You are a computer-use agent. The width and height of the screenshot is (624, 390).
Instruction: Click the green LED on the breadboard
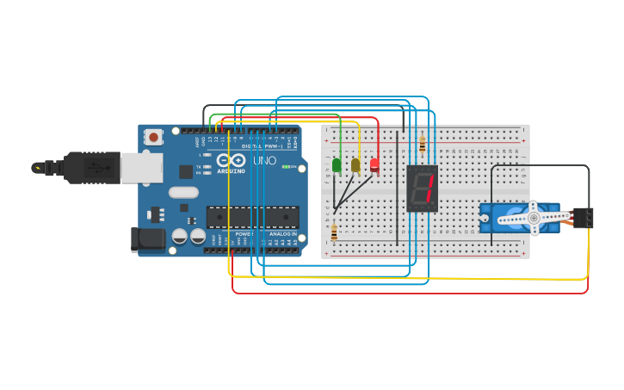click(337, 164)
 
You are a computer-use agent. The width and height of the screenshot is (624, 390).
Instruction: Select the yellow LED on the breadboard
click(355, 164)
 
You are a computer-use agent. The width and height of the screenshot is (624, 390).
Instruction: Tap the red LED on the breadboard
click(374, 164)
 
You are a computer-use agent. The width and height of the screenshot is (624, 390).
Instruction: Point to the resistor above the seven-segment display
click(422, 144)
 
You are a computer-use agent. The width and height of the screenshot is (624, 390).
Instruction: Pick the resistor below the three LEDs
click(334, 232)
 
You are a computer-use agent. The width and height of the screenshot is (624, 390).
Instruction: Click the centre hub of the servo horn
click(534, 219)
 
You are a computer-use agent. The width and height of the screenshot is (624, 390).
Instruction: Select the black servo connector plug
click(583, 218)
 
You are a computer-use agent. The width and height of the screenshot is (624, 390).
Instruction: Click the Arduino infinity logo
click(231, 160)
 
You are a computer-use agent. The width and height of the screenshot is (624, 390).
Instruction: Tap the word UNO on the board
click(265, 160)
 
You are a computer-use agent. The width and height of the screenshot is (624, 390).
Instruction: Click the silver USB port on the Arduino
click(141, 168)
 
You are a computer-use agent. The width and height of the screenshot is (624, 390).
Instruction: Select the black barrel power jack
click(147, 239)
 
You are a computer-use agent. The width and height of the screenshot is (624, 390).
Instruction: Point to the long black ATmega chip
click(252, 217)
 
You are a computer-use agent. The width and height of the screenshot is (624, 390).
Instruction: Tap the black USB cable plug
click(92, 168)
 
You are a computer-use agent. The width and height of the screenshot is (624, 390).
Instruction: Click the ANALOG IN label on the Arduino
click(281, 233)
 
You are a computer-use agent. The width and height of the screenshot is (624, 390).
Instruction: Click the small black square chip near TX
click(186, 171)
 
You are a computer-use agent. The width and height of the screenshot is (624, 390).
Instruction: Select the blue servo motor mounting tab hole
click(485, 218)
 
